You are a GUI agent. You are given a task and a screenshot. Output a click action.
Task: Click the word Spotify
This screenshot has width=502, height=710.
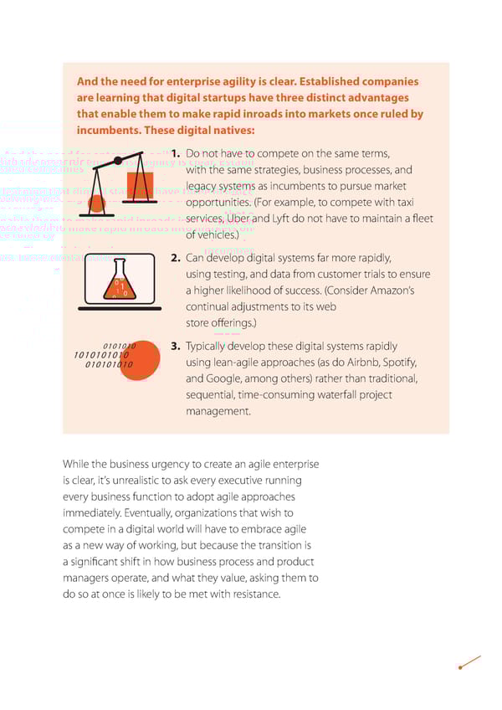[397, 362]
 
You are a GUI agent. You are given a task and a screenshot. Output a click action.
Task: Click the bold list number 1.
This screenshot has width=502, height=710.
[176, 155]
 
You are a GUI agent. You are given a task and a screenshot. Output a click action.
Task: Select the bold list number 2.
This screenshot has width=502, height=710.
[176, 258]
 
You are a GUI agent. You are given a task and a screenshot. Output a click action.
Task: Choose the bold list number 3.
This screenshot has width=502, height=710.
[176, 346]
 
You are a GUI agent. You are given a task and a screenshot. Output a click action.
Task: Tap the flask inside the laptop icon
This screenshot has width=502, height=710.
[120, 280]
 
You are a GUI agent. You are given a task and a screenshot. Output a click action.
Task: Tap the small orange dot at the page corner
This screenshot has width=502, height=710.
[461, 667]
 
